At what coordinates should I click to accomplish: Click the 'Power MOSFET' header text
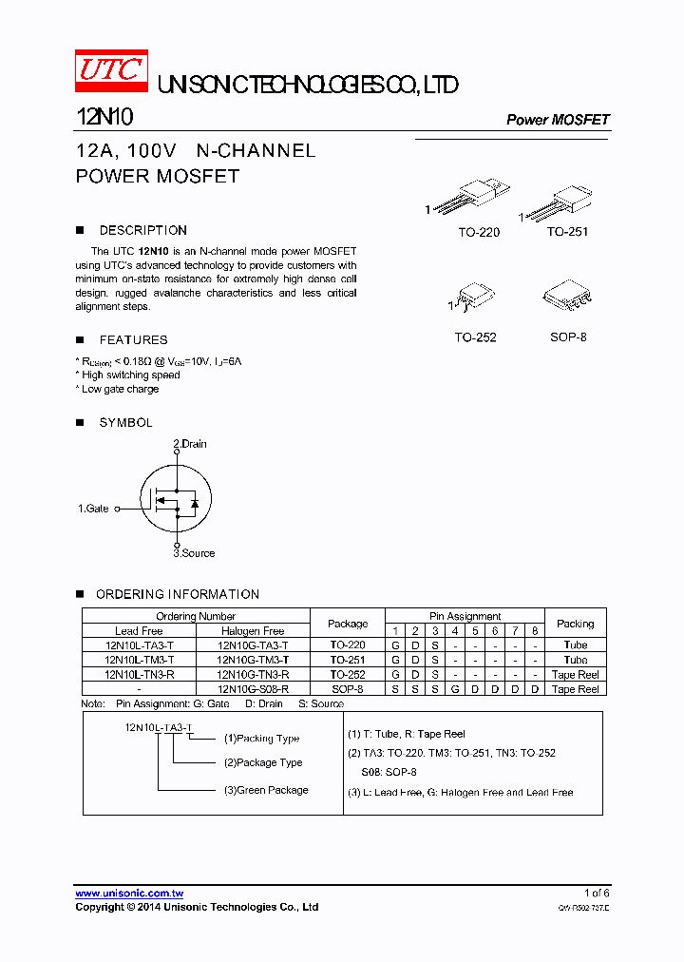tap(558, 120)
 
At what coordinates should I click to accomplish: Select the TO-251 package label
tap(567, 232)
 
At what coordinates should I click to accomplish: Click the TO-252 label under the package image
tap(475, 337)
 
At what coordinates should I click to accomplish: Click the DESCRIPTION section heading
tap(142, 230)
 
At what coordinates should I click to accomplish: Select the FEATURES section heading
tap(133, 339)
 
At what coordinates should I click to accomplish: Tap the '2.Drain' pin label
tap(190, 444)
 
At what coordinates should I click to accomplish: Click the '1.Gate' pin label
tap(93, 509)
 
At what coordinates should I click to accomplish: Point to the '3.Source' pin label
tap(194, 553)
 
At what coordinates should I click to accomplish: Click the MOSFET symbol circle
tap(175, 499)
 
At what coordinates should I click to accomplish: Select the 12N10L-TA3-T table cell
tap(140, 645)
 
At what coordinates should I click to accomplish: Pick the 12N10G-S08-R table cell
tap(253, 688)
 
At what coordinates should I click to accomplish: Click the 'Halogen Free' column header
tap(253, 630)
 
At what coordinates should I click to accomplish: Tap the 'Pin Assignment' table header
tap(465, 616)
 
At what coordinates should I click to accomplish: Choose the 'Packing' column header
tap(575, 624)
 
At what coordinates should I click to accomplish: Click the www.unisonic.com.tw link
tap(129, 893)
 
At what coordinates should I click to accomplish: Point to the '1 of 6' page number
tap(597, 893)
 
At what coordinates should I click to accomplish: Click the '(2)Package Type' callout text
tap(263, 762)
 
